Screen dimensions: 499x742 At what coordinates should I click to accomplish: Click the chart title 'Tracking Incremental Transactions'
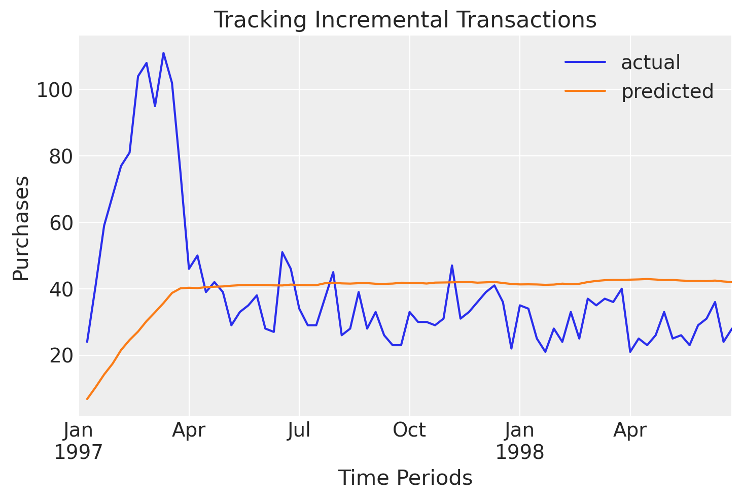[405, 20]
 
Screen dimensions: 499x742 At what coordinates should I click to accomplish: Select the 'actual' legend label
[650, 62]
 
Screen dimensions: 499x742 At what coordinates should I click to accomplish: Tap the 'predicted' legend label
[667, 91]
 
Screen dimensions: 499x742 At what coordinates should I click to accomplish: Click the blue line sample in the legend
[585, 62]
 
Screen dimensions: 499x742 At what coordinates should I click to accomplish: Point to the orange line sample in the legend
[585, 91]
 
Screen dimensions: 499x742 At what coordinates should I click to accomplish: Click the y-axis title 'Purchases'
[21, 228]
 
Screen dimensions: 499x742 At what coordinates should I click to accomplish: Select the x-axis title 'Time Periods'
[405, 478]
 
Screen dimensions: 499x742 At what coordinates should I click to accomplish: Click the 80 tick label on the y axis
[59, 157]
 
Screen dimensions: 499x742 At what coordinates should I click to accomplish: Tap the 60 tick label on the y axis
[59, 223]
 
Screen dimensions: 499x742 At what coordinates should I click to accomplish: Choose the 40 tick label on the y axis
[59, 289]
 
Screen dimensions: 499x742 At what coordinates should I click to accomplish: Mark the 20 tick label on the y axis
[59, 356]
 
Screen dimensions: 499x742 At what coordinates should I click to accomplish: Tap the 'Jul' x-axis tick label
[299, 431]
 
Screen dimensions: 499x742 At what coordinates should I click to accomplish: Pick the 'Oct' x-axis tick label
[409, 431]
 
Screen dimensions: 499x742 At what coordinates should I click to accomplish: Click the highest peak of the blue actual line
[163, 53]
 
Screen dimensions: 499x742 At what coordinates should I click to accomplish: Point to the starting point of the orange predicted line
[87, 399]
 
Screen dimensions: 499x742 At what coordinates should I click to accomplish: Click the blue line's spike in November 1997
[452, 265]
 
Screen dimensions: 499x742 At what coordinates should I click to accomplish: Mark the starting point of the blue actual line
[87, 342]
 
